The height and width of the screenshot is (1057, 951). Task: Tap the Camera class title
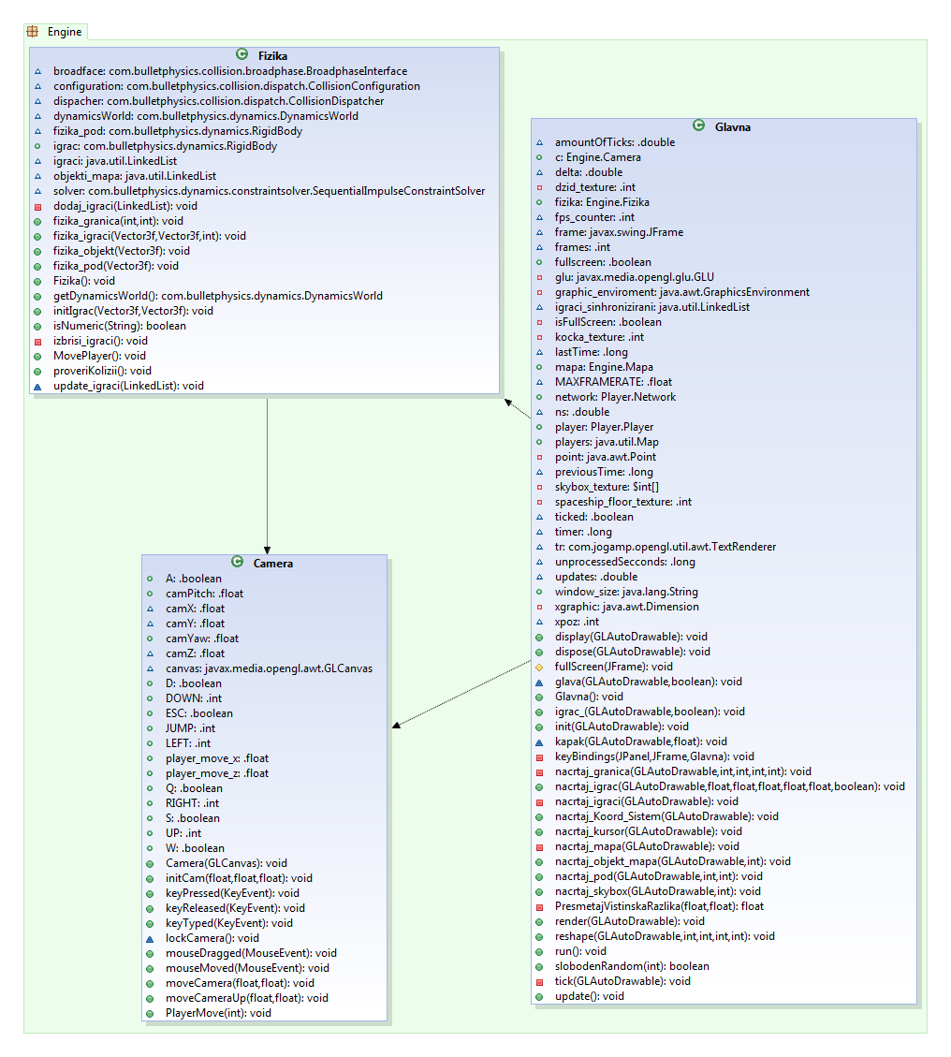272,563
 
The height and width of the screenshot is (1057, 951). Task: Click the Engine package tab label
65,32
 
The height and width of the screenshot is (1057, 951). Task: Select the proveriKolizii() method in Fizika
115,371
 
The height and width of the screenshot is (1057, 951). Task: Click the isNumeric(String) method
120,326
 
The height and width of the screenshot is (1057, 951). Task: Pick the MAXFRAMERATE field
613,382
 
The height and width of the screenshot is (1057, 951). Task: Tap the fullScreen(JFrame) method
614,667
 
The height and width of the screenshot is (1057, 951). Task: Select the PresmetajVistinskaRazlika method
659,906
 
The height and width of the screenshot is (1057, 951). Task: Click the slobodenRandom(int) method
632,966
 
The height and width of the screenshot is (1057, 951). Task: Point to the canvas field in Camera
269,668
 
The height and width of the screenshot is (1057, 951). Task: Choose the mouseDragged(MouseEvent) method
251,953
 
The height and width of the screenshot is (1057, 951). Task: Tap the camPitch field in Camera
204,594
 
